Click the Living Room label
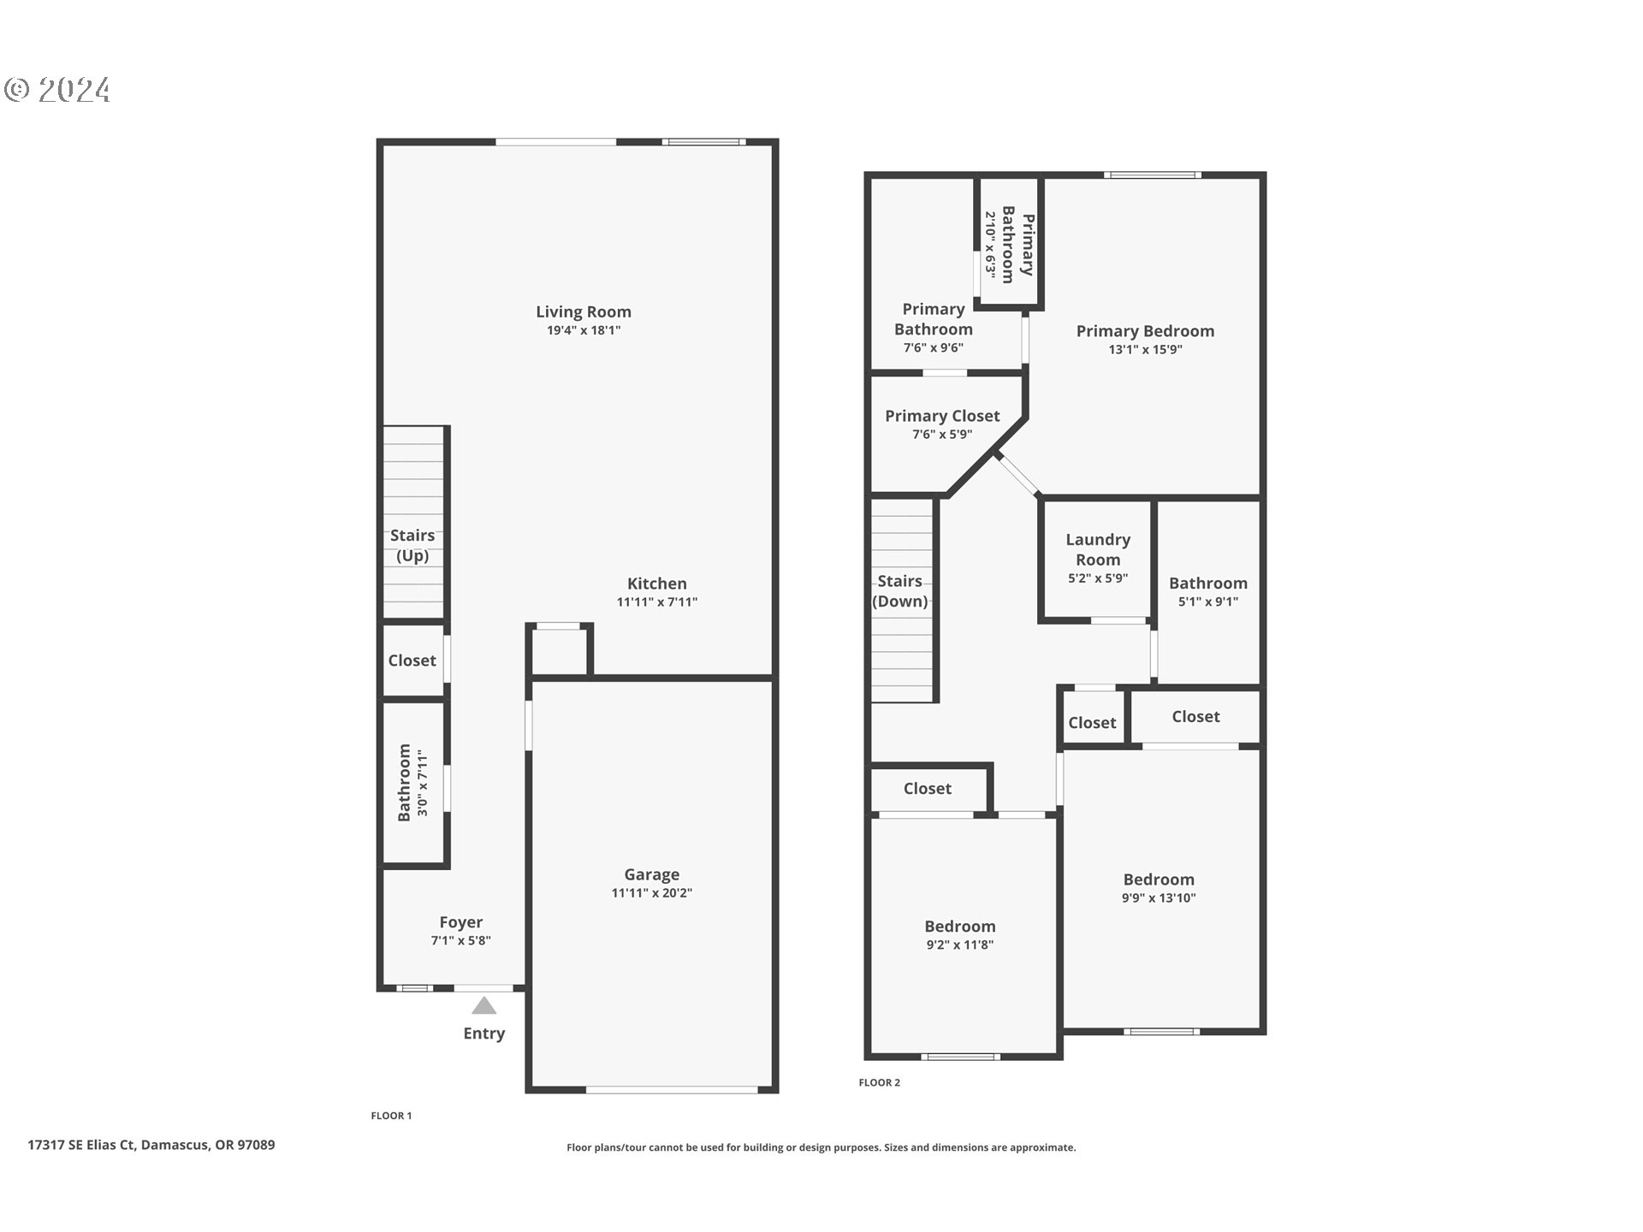coord(583,312)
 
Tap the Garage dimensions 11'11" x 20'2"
coord(651,893)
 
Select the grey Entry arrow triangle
coord(483,1005)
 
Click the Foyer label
coord(460,922)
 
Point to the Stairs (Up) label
coord(412,545)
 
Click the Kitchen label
coord(656,583)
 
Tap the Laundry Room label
coord(1098,549)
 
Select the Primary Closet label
coord(941,416)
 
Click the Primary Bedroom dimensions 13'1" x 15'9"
coord(1145,349)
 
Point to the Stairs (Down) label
coord(900,591)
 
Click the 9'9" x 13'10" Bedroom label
coord(1159,880)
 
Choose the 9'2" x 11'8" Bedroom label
coord(959,927)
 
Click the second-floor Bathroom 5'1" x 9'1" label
coord(1207,583)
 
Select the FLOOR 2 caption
coord(879,1082)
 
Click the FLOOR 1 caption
coord(391,1116)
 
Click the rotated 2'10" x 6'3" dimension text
coord(989,245)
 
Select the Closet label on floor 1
coord(412,660)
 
